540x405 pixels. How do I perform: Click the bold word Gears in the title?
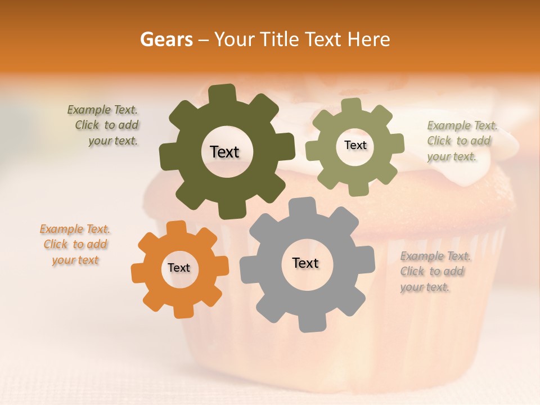(x=166, y=39)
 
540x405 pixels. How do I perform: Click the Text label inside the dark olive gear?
(x=224, y=152)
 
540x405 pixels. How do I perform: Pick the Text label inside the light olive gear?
(x=355, y=145)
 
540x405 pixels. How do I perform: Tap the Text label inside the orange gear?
(x=179, y=268)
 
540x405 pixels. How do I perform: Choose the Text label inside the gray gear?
(x=305, y=263)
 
